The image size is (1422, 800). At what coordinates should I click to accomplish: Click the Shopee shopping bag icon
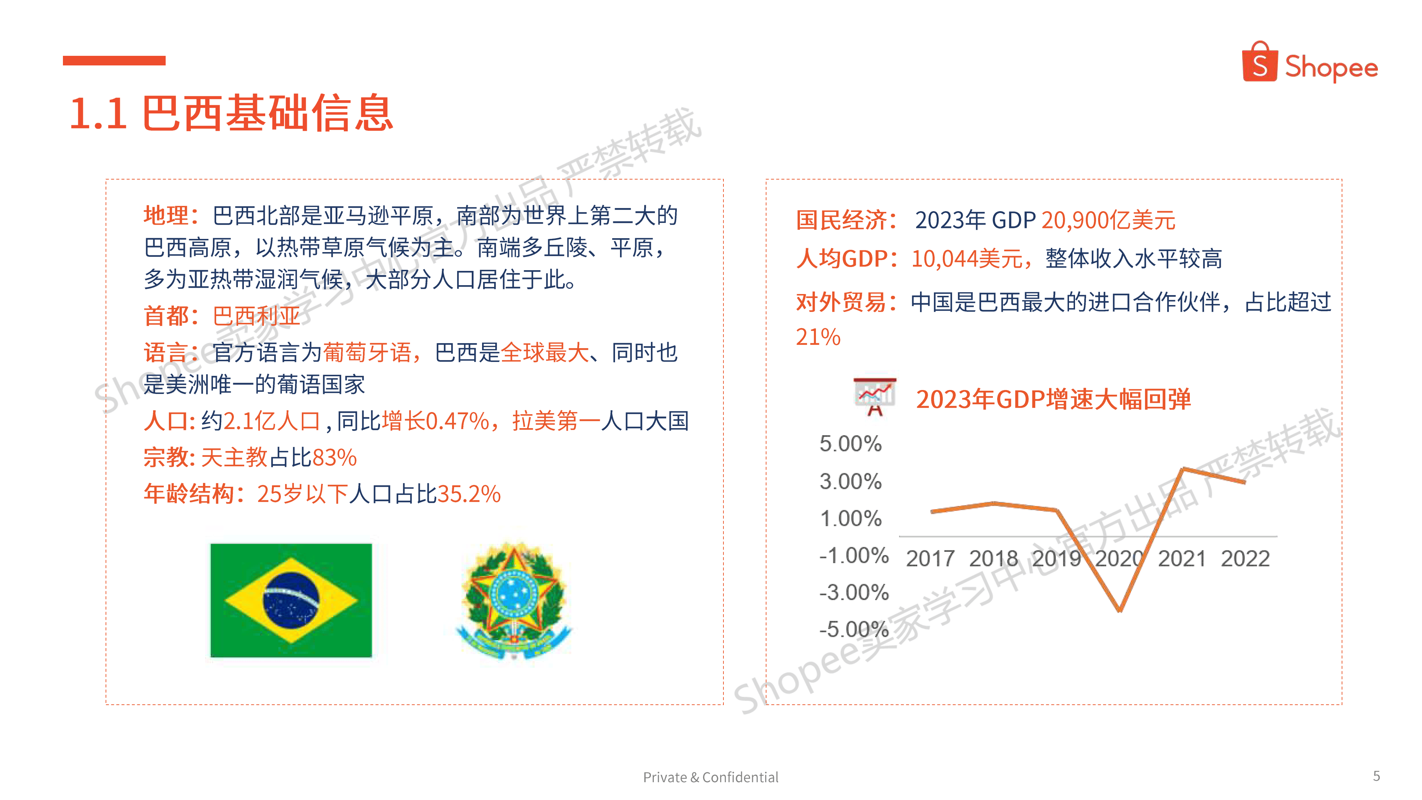point(1259,62)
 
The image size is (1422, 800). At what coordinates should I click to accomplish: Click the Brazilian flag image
point(291,600)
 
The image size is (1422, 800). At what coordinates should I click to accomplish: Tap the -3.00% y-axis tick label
point(854,592)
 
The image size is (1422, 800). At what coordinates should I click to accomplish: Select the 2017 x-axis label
point(930,559)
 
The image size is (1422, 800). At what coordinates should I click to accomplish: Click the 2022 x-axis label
point(1245,559)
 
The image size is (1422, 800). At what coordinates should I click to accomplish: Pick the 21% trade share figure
point(818,337)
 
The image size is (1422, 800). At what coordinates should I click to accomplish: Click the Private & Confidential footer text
point(710,777)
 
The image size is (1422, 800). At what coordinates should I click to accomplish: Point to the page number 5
point(1376,776)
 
